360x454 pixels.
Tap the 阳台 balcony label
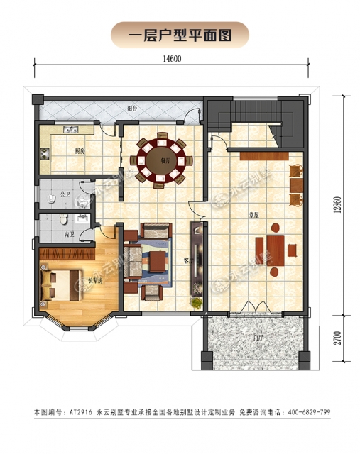132,109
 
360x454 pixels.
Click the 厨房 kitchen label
80,150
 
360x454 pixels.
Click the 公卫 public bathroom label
64,192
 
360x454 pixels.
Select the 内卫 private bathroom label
68,234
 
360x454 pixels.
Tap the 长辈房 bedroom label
75,281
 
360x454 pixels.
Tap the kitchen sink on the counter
71,130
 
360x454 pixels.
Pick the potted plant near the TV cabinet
193,303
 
